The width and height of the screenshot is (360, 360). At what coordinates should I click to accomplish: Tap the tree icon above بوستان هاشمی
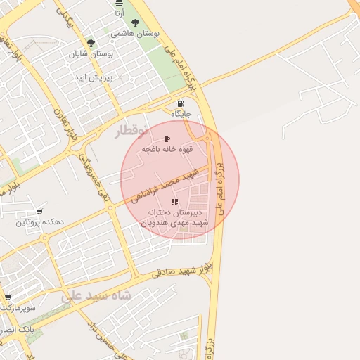coord(135,23)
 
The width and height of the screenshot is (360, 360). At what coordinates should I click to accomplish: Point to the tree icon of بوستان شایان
coord(91,43)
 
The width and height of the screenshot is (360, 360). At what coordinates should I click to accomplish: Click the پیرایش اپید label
coord(90,77)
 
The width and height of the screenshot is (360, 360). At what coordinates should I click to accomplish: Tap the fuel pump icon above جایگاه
coord(181,103)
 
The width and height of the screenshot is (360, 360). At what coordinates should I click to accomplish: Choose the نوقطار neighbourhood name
coord(131,130)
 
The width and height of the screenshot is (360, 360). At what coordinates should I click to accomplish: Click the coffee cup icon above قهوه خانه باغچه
coord(166,139)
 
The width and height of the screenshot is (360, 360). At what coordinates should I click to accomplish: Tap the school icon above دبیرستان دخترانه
coord(174,202)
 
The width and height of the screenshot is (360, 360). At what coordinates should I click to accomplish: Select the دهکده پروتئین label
coord(40,222)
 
